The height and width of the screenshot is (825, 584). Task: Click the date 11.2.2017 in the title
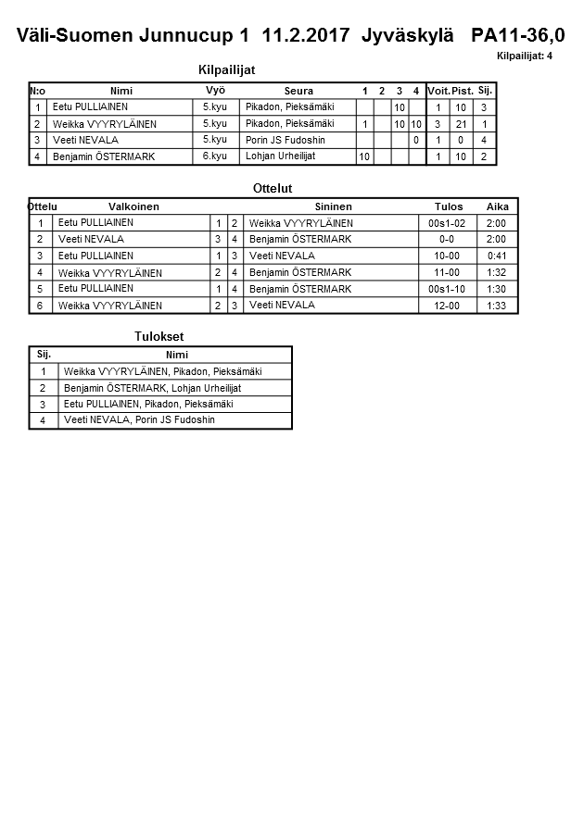[x=306, y=36]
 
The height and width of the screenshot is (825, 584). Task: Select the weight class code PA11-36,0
[x=517, y=36]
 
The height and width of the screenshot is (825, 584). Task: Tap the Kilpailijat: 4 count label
[x=525, y=56]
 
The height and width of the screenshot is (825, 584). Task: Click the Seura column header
[x=298, y=91]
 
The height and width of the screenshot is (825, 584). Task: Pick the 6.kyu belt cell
[x=214, y=156]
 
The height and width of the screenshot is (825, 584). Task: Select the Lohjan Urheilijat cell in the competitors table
[x=280, y=156]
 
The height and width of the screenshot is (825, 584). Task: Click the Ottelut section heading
[x=273, y=189]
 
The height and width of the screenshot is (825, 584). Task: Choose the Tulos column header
[x=449, y=206]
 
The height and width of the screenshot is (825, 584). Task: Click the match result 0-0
[x=446, y=239]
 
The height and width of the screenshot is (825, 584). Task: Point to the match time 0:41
[x=496, y=256]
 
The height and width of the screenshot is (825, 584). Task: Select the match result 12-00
[x=446, y=306]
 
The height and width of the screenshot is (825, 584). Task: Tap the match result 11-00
[x=446, y=272]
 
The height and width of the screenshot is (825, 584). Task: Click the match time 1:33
[x=496, y=306]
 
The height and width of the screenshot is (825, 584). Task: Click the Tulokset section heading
[x=159, y=336]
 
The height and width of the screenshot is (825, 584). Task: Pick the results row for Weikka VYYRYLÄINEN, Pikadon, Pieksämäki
[x=162, y=371]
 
